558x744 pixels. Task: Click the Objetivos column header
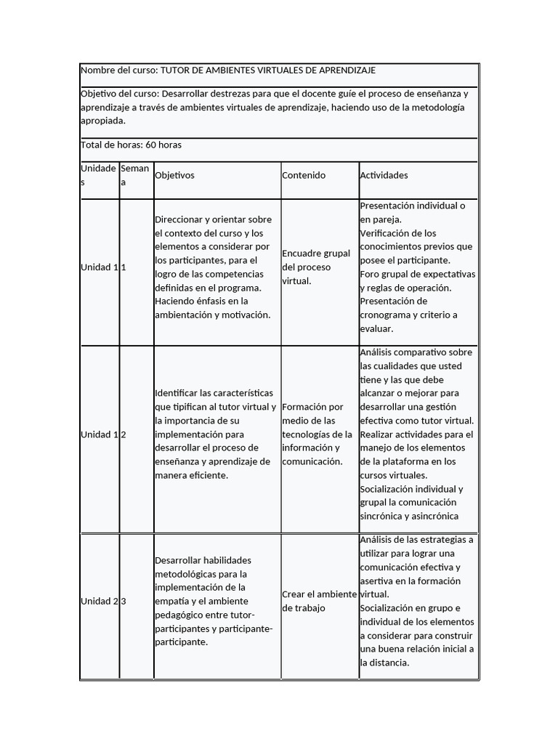175,175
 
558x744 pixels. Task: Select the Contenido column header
304,175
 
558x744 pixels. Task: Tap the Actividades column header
384,175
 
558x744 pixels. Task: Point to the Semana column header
135,175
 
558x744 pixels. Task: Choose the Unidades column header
98,175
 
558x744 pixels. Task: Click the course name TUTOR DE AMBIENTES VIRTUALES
267,70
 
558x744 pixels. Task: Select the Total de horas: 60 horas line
131,145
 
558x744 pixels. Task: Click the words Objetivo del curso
118,94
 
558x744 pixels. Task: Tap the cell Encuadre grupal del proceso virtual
316,267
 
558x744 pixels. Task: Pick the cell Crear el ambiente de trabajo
319,601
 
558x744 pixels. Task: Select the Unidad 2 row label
99,601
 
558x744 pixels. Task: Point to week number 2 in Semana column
124,434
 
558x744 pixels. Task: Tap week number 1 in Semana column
124,267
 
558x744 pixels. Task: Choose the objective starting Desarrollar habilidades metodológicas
214,601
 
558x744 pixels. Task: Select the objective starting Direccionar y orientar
213,267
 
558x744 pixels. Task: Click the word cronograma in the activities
387,315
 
